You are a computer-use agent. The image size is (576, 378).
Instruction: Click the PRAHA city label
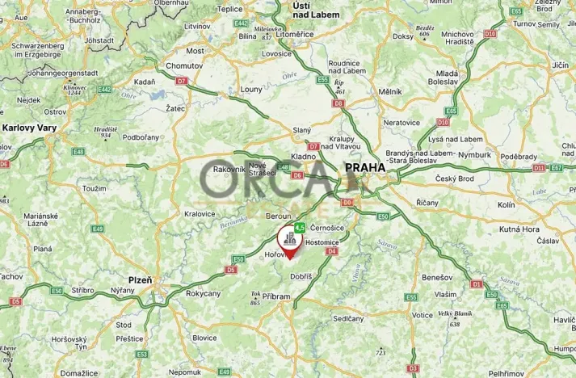pos(365,168)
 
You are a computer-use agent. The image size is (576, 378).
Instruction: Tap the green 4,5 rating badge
pos(300,229)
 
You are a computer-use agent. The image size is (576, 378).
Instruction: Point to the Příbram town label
pos(275,296)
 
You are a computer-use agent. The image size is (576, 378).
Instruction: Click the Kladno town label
pos(304,159)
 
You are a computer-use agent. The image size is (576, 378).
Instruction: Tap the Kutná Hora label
pos(520,229)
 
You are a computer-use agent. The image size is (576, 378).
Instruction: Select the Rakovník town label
pos(229,170)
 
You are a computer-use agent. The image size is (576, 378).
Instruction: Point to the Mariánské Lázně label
pos(37,221)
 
